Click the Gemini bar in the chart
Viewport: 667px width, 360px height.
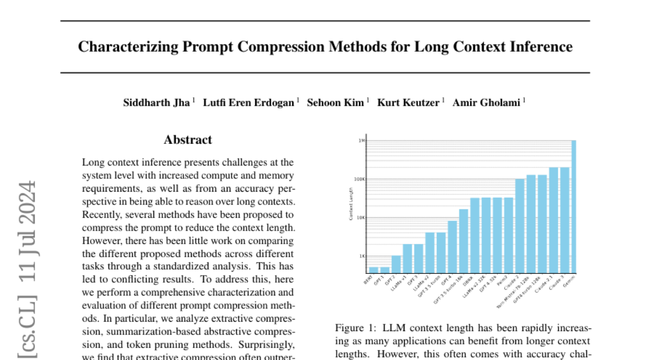pos(574,206)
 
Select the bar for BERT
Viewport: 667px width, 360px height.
pos(374,269)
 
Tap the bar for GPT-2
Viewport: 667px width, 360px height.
pos(396,264)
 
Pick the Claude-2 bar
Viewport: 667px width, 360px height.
pos(520,225)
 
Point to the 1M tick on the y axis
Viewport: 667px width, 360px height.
pos(361,141)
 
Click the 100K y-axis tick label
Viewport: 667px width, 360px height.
pos(360,179)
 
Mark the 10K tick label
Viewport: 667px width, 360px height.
pos(360,218)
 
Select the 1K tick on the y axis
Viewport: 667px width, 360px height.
pos(361,256)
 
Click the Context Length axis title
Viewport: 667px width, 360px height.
pos(351,204)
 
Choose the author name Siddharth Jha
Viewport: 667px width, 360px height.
pos(156,103)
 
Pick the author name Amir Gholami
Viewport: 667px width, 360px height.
pos(486,103)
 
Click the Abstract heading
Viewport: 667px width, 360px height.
pos(188,140)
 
